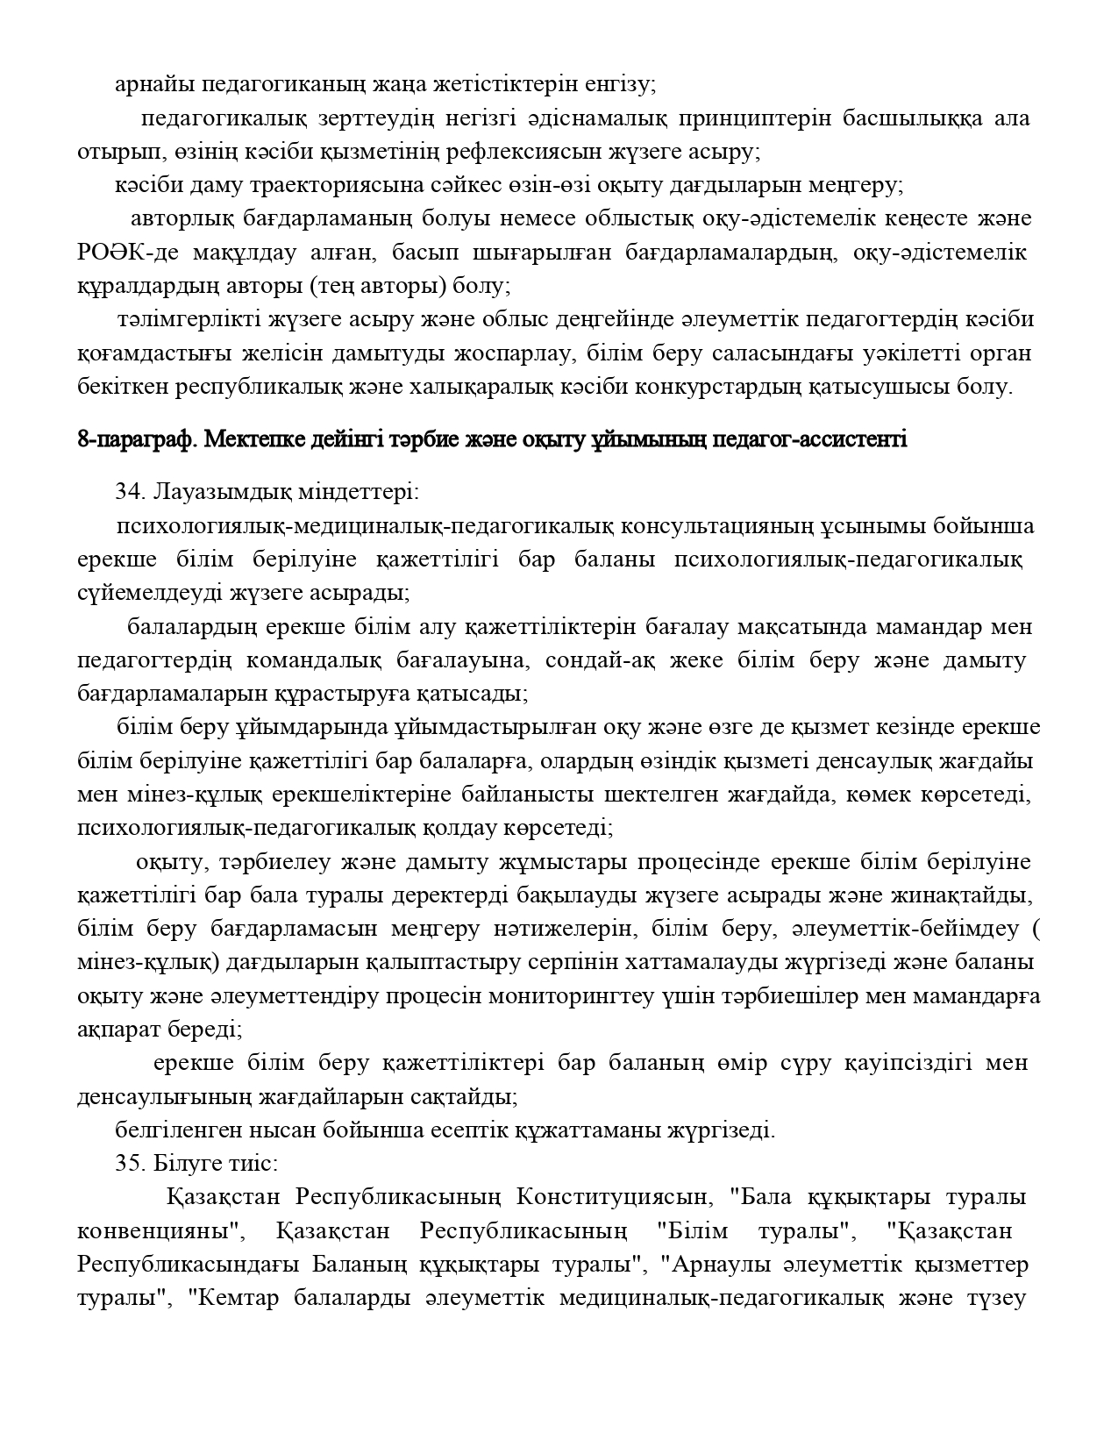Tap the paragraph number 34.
click(x=129, y=491)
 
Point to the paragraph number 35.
click(x=129, y=1164)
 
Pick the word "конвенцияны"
click(x=160, y=1231)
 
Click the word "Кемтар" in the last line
click(x=237, y=1298)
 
